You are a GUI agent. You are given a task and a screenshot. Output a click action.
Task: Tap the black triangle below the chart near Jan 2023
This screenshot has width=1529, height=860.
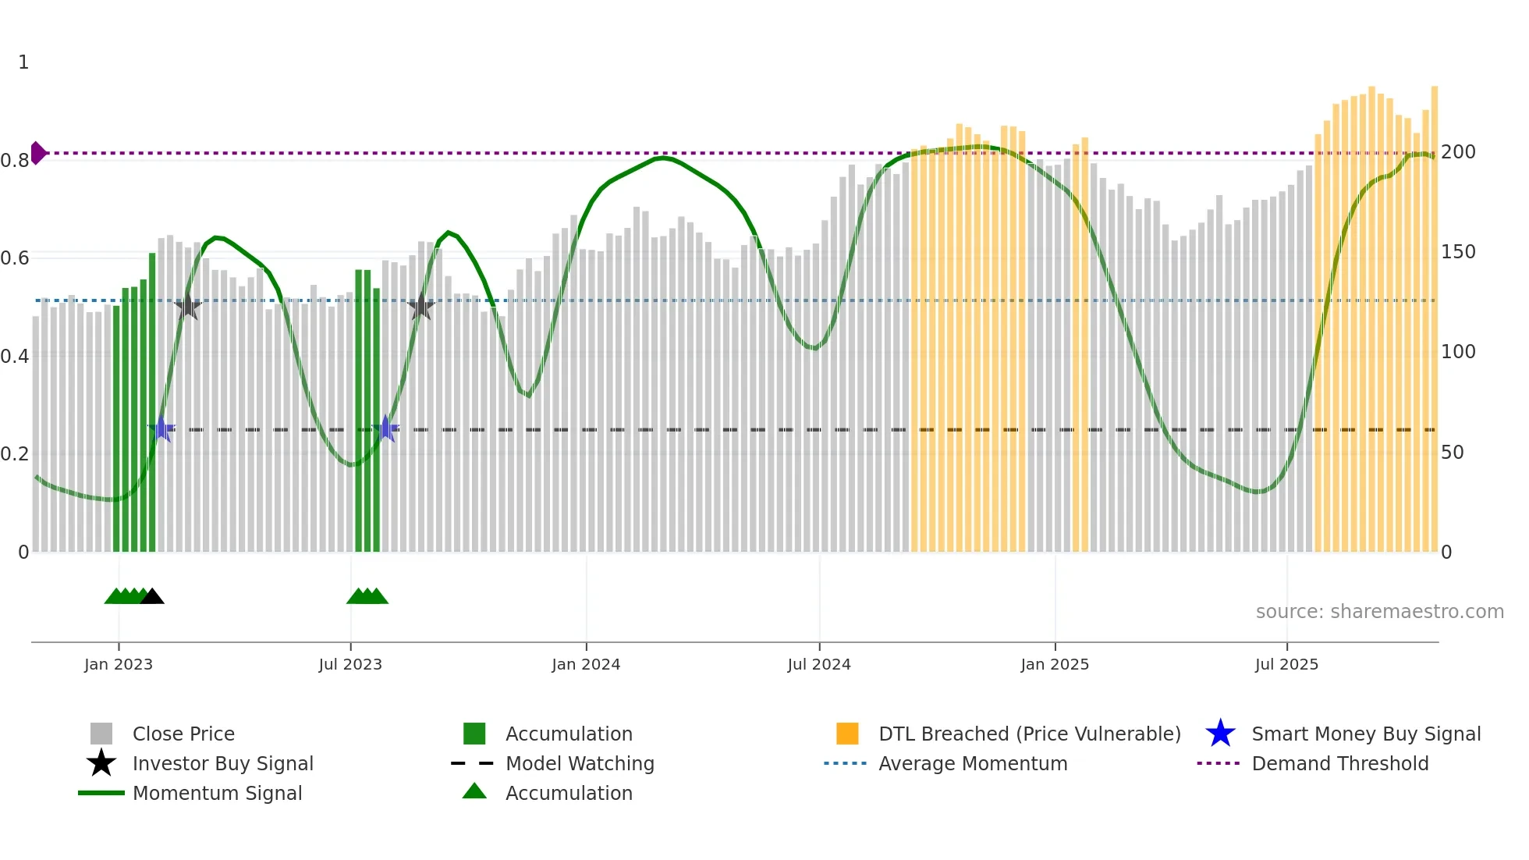[x=152, y=596]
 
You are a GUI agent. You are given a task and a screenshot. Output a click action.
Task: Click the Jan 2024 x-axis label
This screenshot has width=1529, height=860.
[x=586, y=664]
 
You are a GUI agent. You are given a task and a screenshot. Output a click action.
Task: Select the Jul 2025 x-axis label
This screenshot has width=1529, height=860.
[x=1286, y=664]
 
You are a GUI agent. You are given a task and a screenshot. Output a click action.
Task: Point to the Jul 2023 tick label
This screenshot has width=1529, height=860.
[x=350, y=664]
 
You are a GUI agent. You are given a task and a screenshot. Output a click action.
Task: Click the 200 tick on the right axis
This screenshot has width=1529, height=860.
[x=1458, y=152]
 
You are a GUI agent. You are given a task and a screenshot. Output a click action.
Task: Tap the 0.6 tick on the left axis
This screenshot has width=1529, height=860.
[x=16, y=258]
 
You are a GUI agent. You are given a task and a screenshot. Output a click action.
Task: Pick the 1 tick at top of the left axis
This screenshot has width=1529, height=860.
[x=23, y=62]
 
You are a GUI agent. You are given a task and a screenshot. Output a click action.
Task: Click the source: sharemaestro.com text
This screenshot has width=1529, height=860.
[x=1379, y=612]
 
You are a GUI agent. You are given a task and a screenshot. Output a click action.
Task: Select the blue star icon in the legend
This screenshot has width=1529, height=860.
[x=1220, y=734]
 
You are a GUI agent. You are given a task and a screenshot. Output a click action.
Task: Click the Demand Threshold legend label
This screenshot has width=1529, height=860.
[x=1339, y=763]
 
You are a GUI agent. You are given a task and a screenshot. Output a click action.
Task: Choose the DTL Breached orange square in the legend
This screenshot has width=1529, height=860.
[x=847, y=734]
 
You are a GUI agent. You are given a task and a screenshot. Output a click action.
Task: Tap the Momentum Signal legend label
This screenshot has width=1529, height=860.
[x=217, y=793]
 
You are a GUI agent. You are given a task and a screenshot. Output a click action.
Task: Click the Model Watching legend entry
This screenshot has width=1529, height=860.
[x=580, y=763]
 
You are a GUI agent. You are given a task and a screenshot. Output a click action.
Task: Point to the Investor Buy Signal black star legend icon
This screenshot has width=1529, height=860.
[x=101, y=763]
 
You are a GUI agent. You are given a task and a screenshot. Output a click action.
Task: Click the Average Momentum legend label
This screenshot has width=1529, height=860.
[x=973, y=763]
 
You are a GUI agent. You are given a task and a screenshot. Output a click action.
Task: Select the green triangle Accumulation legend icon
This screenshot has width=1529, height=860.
[x=474, y=791]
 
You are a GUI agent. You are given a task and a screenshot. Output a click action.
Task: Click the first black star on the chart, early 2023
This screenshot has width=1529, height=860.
[x=187, y=307]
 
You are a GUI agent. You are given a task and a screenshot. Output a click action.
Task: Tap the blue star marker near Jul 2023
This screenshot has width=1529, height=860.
[x=385, y=428]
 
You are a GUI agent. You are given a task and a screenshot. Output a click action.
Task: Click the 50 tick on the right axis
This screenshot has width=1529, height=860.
[x=1452, y=453]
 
